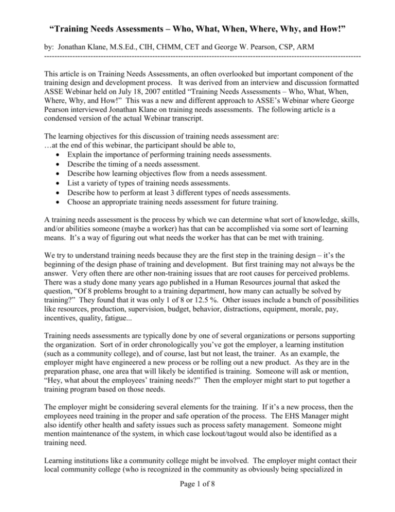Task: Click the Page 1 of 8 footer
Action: (197, 499)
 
